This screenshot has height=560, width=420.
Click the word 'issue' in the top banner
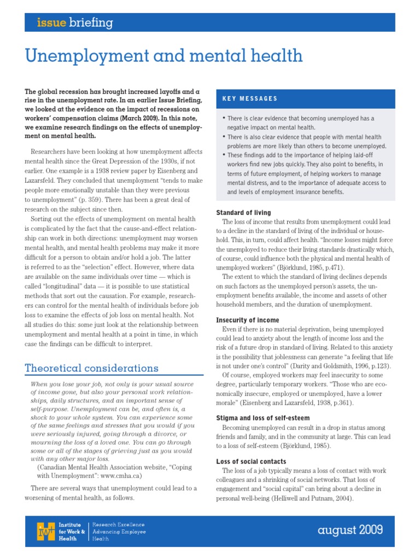tap(51, 22)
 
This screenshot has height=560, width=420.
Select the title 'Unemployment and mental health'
tap(164, 55)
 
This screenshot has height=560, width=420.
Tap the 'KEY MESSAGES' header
tap(249, 98)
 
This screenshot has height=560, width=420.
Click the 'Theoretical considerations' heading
tap(91, 368)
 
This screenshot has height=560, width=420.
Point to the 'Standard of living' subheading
tap(243, 212)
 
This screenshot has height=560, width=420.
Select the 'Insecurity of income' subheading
tap(247, 320)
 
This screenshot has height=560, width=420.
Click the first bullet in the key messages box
tap(224, 119)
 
